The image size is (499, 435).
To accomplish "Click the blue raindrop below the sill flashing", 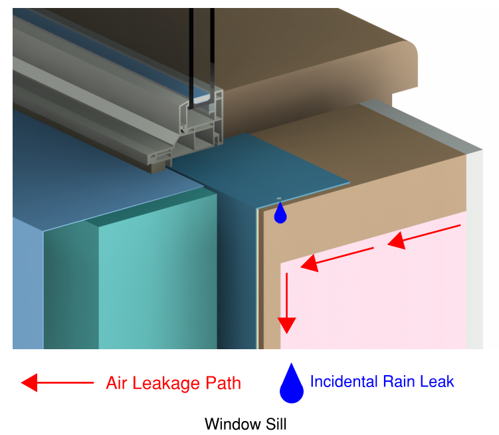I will (280, 214).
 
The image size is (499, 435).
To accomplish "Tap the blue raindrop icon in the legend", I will (292, 384).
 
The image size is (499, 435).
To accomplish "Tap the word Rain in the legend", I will (401, 382).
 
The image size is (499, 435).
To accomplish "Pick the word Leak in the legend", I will (439, 382).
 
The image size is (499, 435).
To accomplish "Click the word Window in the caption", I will (230, 424).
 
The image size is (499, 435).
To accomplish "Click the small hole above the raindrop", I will (279, 198).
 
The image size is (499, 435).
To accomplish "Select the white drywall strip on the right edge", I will (474, 253).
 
